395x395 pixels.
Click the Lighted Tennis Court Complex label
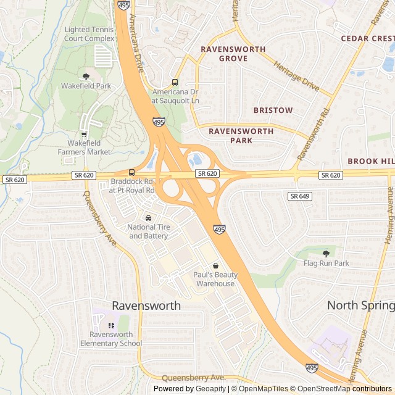(89, 34)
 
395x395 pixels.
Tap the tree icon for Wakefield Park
(86, 77)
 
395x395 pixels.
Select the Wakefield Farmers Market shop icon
(84, 135)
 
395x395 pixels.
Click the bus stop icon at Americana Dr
(175, 82)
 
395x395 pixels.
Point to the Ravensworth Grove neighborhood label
(233, 54)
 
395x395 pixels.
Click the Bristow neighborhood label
(273, 110)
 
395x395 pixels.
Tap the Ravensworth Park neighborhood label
(241, 136)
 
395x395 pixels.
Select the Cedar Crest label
(368, 38)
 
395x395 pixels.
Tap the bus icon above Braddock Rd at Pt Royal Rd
(131, 172)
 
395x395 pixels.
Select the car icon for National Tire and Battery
(148, 218)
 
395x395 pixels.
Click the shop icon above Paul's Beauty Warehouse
(215, 265)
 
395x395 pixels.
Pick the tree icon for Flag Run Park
(326, 253)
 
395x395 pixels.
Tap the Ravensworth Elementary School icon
(111, 325)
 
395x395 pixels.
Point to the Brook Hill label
(371, 160)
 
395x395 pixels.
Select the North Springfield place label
(361, 306)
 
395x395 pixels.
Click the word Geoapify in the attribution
(211, 389)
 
